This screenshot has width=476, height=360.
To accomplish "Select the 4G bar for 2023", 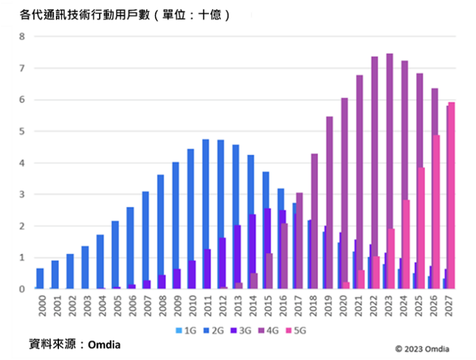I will [x=390, y=171].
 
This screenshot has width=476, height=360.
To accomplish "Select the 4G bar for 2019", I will [x=329, y=203].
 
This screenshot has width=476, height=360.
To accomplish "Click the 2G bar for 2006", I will [x=130, y=248].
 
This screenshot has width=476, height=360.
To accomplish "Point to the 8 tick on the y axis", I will [x=22, y=36].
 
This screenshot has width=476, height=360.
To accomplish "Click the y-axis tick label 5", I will [x=22, y=131].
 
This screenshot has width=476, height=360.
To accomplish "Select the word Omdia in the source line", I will [x=104, y=345].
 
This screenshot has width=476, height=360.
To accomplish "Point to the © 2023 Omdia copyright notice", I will [x=422, y=349].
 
